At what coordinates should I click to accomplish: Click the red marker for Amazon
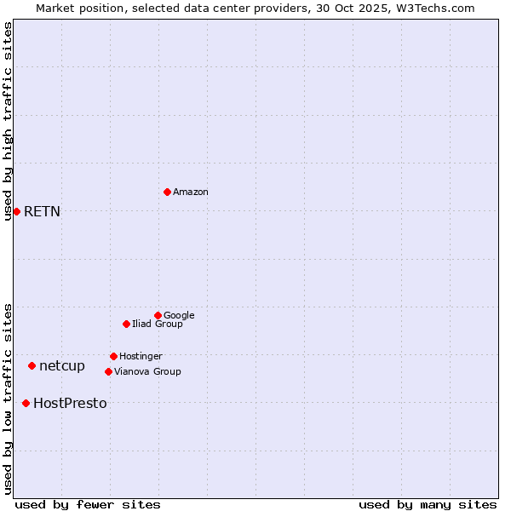pyautogui.click(x=167, y=192)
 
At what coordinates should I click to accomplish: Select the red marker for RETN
pyautogui.click(x=16, y=211)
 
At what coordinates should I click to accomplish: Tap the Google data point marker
pyautogui.click(x=158, y=315)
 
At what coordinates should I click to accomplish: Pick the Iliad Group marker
pyautogui.click(x=126, y=324)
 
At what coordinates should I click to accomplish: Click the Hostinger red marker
pyautogui.click(x=113, y=356)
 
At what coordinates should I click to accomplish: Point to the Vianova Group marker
pyautogui.click(x=108, y=371)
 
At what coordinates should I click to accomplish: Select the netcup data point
pyautogui.click(x=32, y=365)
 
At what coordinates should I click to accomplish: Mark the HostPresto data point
pyautogui.click(x=26, y=403)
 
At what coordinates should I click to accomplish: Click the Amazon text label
pyautogui.click(x=191, y=192)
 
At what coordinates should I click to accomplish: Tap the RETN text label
pyautogui.click(x=42, y=212)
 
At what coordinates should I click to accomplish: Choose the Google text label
pyautogui.click(x=179, y=315)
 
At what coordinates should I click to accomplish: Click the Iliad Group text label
pyautogui.click(x=158, y=324)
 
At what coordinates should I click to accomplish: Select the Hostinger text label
pyautogui.click(x=141, y=356)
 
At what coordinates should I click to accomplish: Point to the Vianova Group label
pyautogui.click(x=147, y=371)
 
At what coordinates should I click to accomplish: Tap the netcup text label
pyautogui.click(x=62, y=366)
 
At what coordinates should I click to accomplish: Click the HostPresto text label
pyautogui.click(x=70, y=404)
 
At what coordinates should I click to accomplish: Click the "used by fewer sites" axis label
pyautogui.click(x=88, y=504)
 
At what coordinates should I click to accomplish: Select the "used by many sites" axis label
pyautogui.click(x=428, y=504)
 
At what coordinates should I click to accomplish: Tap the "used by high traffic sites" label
pyautogui.click(x=8, y=121)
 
